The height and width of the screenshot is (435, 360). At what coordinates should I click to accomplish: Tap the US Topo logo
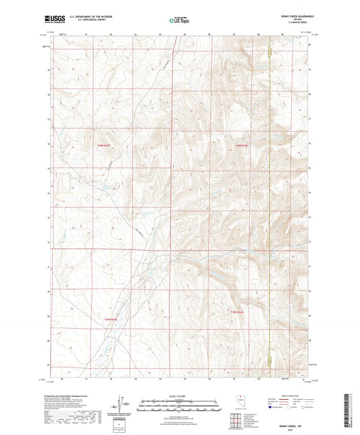pos(179,21)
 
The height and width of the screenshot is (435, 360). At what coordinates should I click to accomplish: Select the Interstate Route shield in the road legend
pos(271,408)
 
